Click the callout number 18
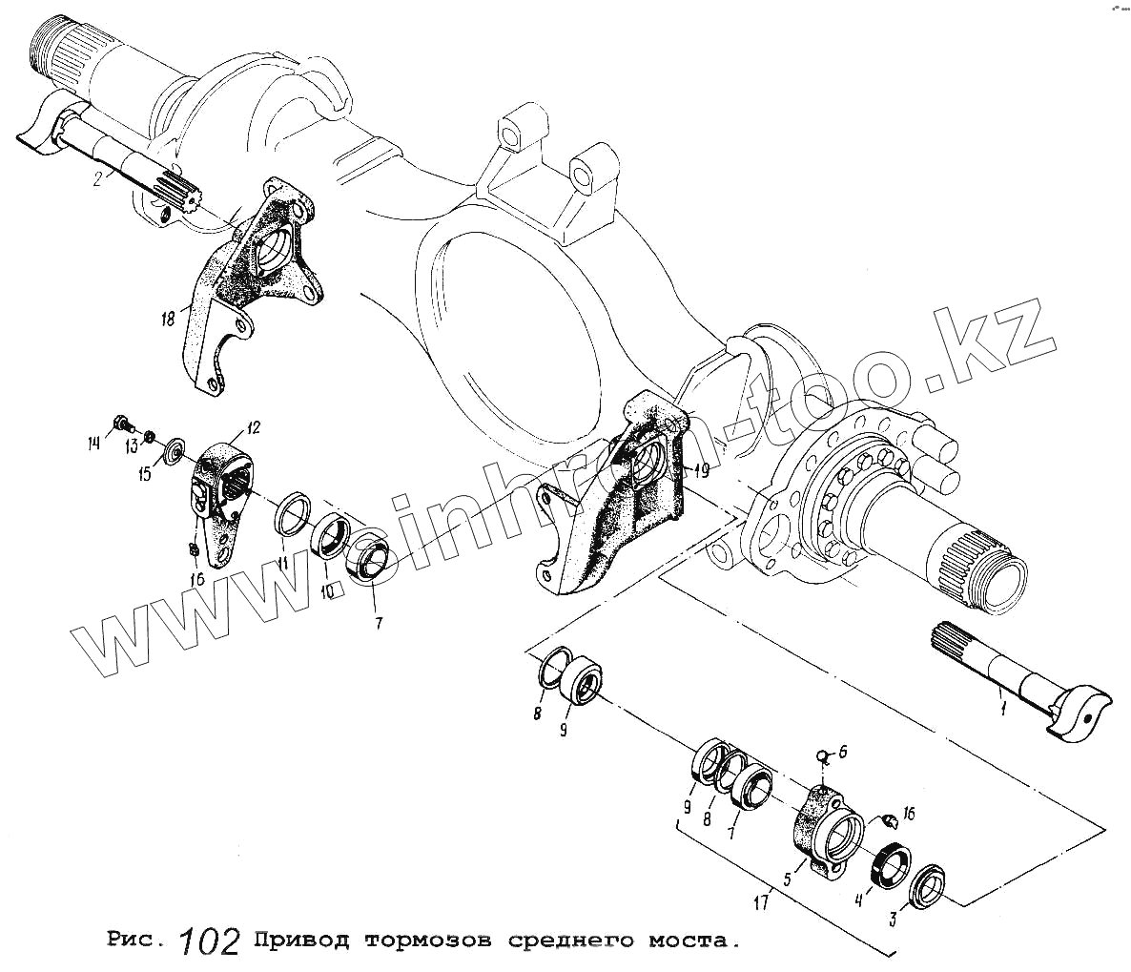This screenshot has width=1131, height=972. click(169, 319)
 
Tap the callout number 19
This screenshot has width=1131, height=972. click(700, 469)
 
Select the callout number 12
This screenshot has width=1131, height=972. click(254, 426)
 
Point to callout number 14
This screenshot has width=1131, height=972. click(93, 442)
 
